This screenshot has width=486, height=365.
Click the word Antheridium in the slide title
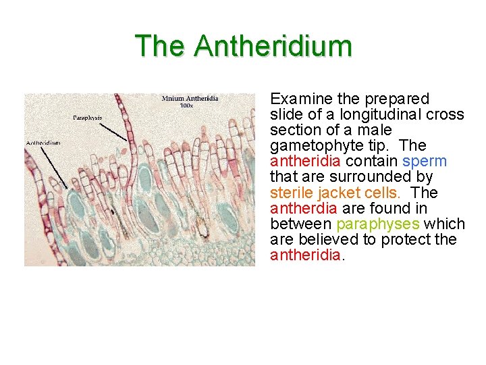tap(273, 46)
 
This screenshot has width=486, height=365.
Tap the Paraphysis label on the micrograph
tap(88, 118)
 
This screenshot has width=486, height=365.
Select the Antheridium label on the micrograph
tap(43, 143)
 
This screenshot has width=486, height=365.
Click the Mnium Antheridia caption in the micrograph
tap(190, 99)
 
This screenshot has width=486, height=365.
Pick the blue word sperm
tap(424, 162)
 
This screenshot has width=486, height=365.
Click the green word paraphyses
tap(377, 224)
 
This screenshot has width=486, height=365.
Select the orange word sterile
tap(291, 193)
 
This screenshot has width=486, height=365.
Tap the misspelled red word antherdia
tap(300, 208)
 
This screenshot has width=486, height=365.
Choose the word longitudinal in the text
tap(381, 115)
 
